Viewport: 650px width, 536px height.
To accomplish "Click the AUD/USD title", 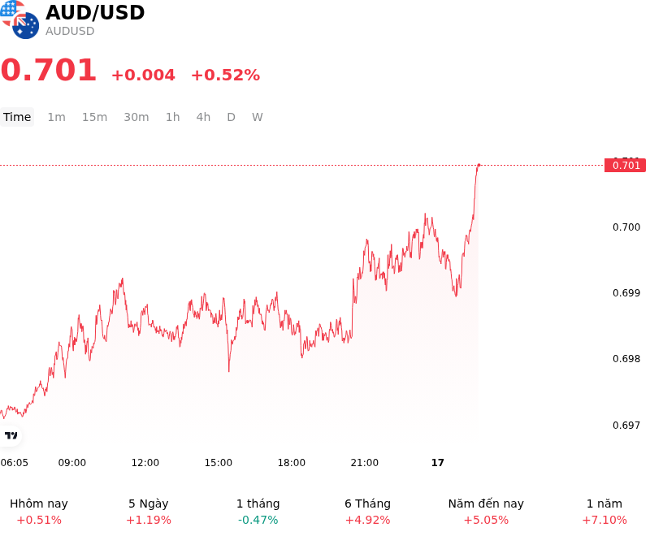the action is coord(95,13).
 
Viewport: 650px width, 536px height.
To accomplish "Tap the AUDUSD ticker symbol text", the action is coord(70,31).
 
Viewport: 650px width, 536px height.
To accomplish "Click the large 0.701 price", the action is coord(49,70).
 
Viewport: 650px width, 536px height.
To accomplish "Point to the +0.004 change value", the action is coord(144,75).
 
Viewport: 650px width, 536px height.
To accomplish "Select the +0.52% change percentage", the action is coord(226,75).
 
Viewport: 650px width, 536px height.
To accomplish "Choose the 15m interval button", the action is coord(94,117).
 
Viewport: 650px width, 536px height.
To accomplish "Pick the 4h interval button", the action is coord(203,117).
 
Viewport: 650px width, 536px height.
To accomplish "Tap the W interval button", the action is coord(257,117).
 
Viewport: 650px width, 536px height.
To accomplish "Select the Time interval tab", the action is coord(17,117).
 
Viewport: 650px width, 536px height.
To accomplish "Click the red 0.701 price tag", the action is coord(625,166).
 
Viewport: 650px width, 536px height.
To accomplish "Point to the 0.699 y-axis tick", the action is coord(626,293).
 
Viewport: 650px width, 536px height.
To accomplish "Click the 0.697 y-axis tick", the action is coord(626,425).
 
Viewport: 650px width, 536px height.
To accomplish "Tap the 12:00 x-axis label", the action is coord(145,463).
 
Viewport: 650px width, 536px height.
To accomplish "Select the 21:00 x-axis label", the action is coord(364,463).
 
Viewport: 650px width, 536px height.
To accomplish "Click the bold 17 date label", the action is coord(438,463).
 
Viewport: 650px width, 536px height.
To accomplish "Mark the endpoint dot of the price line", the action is coord(479,166).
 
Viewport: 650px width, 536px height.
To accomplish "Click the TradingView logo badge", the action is coord(11,435).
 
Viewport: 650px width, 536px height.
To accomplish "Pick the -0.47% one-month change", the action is coord(258,520).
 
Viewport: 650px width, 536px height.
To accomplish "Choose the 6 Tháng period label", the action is coord(368,504).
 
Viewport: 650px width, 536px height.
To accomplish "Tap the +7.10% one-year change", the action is coord(604,520).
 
